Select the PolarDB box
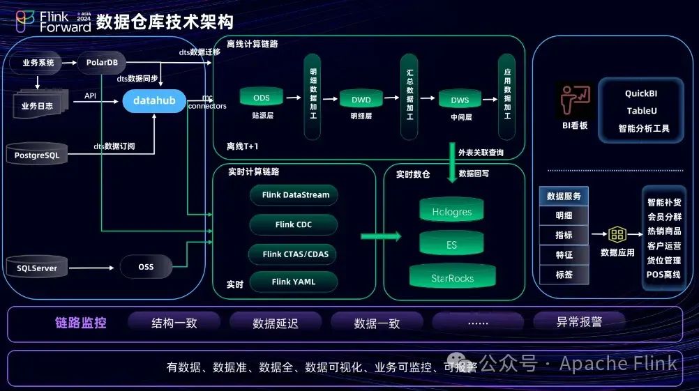coord(102,63)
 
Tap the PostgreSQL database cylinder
coord(37,155)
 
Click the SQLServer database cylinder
coord(37,267)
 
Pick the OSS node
coord(146,266)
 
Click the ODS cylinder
coord(261,98)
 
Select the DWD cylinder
coord(361,100)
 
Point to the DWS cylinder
coord(460,100)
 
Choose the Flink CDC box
coord(293,224)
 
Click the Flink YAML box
coord(293,282)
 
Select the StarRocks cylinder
coord(451,278)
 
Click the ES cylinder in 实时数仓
coord(451,245)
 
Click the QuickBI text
coord(641,93)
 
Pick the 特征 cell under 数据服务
coord(564,255)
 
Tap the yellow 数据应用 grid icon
coord(617,234)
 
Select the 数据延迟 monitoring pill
coord(275,323)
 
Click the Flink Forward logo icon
coord(25,22)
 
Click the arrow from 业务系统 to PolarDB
coord(69,63)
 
